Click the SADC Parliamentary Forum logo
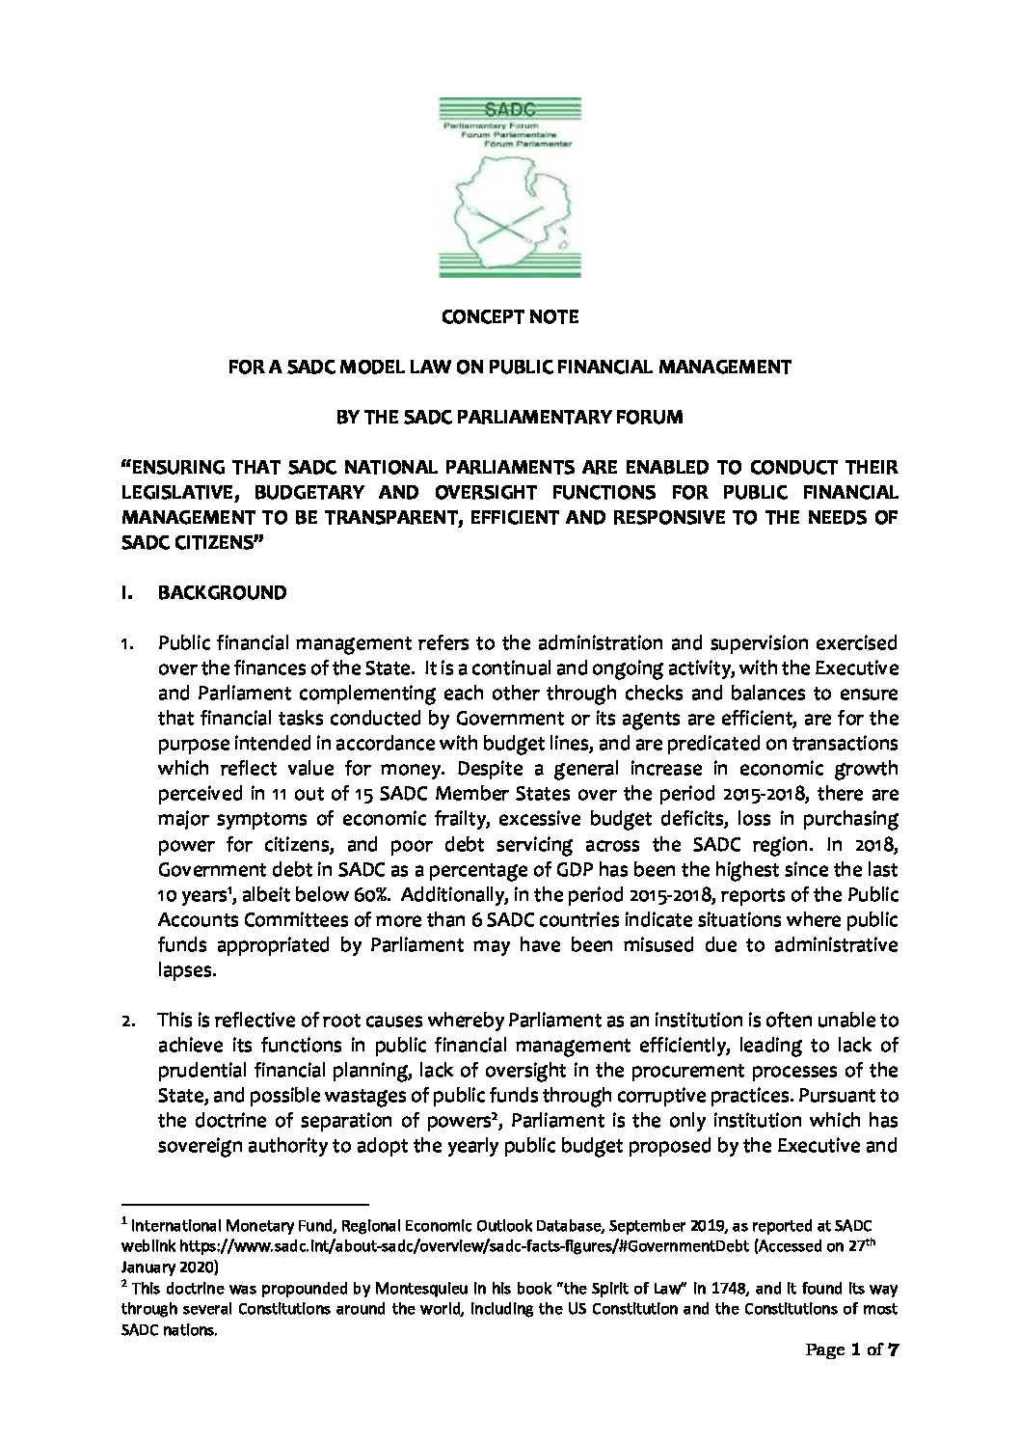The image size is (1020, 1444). pyautogui.click(x=510, y=187)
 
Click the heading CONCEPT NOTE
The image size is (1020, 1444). pyautogui.click(x=510, y=316)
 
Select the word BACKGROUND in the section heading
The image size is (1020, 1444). pyautogui.click(x=222, y=592)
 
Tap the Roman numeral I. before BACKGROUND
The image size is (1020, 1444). pyautogui.click(x=125, y=592)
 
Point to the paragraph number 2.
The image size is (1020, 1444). pyautogui.click(x=126, y=1021)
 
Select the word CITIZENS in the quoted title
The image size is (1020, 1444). pyautogui.click(x=215, y=542)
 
